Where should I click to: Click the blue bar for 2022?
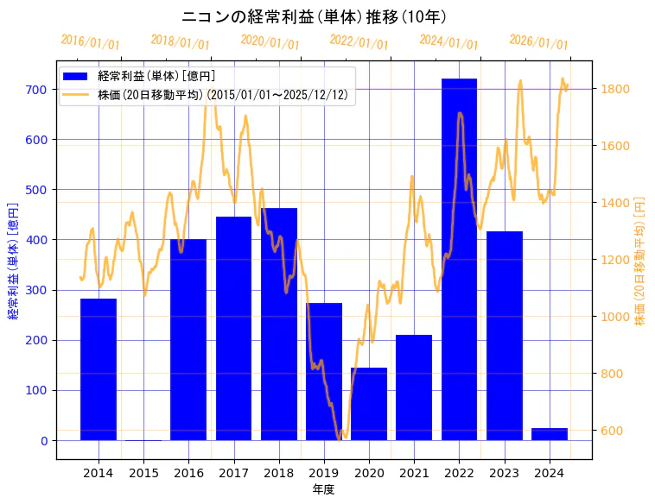459,259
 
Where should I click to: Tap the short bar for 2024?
550,434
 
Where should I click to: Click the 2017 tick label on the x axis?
233,472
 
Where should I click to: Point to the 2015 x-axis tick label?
143,472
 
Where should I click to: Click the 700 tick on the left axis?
35,90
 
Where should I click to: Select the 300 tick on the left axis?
35,290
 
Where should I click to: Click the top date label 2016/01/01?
91,42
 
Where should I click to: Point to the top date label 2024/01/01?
448,42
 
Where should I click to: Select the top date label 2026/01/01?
538,42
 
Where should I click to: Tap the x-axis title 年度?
324,489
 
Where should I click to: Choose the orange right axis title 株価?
640,260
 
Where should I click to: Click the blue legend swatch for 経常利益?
76,77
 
